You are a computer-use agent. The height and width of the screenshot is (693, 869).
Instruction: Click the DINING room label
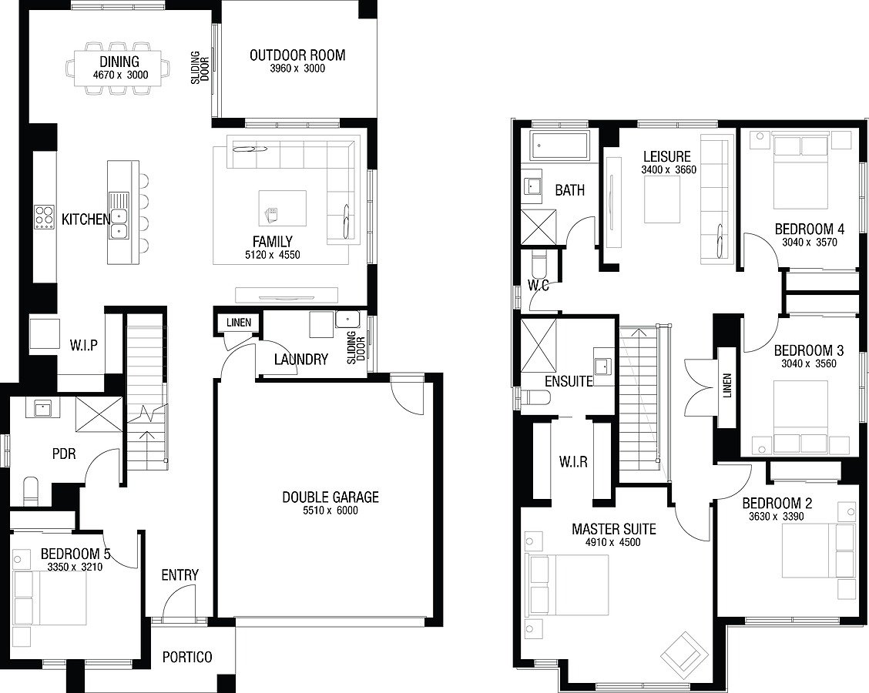point(119,62)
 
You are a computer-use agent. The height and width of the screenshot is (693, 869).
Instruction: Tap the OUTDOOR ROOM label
point(297,55)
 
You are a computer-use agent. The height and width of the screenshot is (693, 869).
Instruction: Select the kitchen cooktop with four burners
point(44,217)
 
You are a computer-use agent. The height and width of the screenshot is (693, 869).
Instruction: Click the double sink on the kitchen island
point(118,216)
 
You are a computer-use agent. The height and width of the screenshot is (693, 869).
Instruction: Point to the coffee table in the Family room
point(283,209)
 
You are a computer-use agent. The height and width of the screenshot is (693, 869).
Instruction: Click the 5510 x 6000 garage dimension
point(330,511)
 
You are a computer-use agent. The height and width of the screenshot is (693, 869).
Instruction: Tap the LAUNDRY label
point(301,360)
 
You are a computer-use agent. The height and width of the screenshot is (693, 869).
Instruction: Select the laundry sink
point(347,320)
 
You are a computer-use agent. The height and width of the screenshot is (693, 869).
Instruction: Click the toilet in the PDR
point(31,491)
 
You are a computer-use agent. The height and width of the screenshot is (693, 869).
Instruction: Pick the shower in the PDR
point(99,413)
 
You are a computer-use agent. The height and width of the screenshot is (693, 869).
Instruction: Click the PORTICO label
point(187,657)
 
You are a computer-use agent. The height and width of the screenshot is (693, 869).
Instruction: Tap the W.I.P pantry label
point(84,345)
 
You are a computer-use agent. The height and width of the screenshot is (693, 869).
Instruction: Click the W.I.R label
point(573,461)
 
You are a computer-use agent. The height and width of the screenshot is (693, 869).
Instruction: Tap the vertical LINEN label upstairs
point(727,385)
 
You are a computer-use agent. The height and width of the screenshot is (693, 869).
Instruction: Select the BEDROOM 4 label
point(809,229)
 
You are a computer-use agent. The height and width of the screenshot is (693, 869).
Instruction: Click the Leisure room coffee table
point(662,202)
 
